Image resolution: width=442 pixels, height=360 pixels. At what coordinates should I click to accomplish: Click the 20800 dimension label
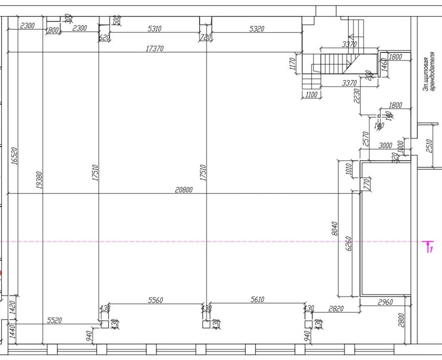coord(184,190)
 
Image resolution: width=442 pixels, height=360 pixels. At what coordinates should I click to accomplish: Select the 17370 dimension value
coord(155,49)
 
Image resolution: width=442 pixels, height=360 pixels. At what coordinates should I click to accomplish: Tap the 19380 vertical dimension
coord(40,179)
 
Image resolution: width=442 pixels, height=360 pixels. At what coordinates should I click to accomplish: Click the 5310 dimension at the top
coord(154,29)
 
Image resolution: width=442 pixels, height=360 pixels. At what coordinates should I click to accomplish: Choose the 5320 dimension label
coord(256,29)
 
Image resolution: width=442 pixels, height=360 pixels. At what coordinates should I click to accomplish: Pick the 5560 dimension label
coord(155,300)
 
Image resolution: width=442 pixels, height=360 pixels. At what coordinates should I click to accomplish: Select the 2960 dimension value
coord(385,302)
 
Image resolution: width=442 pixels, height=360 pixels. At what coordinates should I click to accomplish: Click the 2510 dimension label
coord(430,146)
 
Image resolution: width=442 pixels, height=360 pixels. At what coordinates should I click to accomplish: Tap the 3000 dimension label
coord(385,145)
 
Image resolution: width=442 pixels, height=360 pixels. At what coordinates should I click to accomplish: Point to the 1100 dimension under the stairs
coord(311,95)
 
